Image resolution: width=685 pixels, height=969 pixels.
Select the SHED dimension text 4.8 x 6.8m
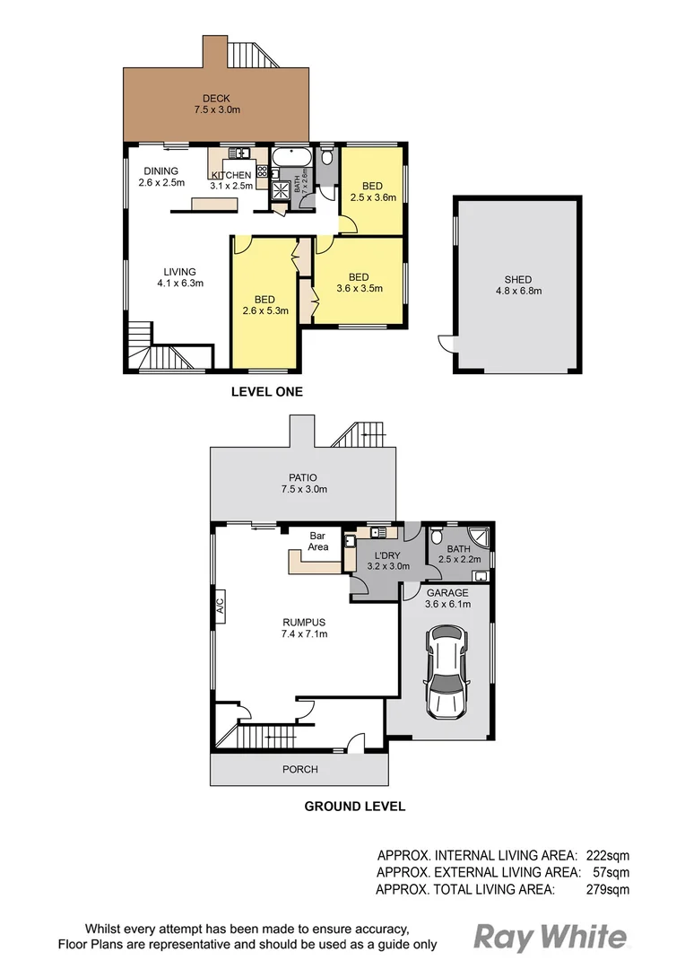coord(516,291)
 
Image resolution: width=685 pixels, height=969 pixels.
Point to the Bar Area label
coord(318,541)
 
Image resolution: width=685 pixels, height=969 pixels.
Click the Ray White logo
coord(550,938)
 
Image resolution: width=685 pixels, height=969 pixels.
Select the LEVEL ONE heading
coord(267,391)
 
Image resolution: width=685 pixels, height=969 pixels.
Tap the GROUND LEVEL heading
coord(354,806)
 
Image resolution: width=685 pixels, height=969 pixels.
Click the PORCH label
coord(299,770)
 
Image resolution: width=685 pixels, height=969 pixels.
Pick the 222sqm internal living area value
coord(608,855)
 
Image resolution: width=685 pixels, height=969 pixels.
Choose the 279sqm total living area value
coord(608,889)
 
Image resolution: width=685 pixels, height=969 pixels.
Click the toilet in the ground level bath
coord(437,539)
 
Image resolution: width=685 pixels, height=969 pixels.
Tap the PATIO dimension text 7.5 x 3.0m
coord(304,490)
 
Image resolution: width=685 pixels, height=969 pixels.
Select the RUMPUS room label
coord(304,622)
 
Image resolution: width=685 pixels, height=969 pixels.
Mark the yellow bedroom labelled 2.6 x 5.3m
coord(264,305)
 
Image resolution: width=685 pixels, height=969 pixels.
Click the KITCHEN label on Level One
coord(231,175)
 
